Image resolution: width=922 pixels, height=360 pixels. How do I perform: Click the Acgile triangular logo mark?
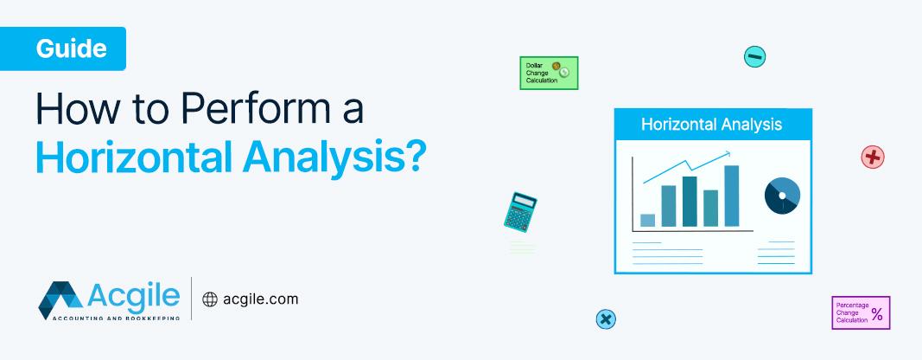coord(60,299)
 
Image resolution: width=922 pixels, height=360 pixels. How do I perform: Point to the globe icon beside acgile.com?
coord(209,299)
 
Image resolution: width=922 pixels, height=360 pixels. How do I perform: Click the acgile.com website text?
coord(258,299)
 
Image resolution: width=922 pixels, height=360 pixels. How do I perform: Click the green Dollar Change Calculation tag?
coord(548,73)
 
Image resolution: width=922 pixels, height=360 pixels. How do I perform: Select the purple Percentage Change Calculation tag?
coord(860,313)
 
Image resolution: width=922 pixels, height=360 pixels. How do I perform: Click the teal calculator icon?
coord(520,211)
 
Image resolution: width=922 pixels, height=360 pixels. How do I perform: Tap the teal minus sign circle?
coord(754,57)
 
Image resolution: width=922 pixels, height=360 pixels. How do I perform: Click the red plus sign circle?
coord(873,157)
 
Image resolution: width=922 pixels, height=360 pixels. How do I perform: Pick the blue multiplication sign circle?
coord(606,319)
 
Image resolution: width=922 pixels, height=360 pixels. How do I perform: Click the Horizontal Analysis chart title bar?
coord(712,124)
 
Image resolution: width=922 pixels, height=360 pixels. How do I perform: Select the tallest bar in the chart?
coord(731,196)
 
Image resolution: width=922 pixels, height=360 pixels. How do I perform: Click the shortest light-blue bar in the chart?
coord(647,220)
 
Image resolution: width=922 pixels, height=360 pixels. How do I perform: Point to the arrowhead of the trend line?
coord(728,154)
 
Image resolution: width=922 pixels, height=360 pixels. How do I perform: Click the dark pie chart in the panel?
coord(782,196)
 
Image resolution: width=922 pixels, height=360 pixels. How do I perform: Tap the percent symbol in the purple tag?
coord(877,315)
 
